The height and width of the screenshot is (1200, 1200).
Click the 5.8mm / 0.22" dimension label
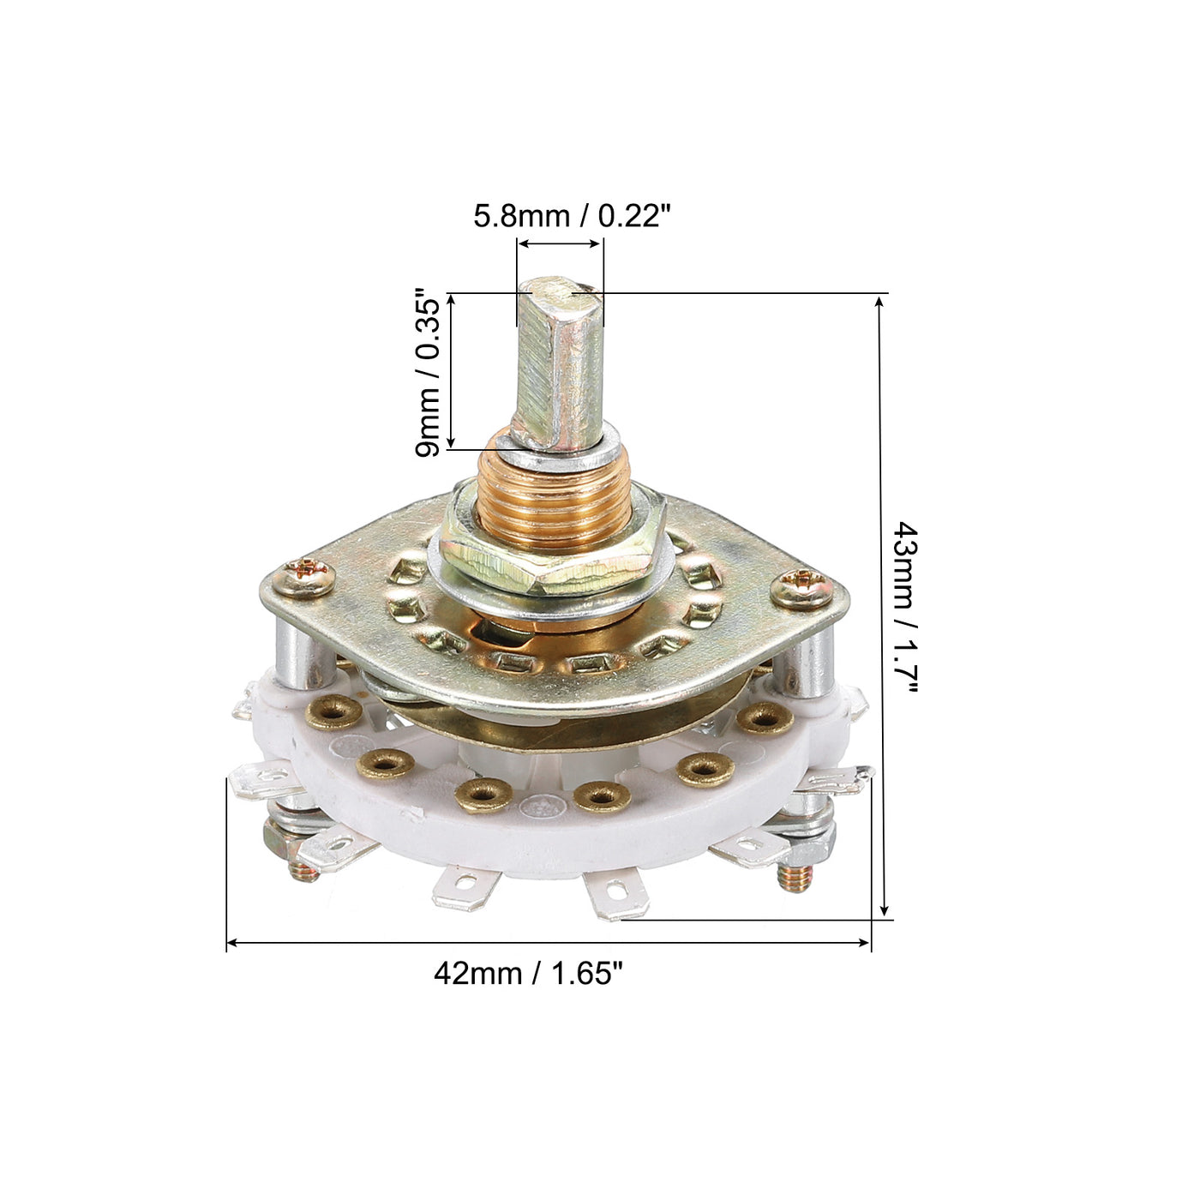pyautogui.click(x=573, y=216)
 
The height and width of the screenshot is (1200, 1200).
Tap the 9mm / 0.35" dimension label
pyautogui.click(x=429, y=372)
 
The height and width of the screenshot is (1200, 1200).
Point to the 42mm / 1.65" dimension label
pyautogui.click(x=529, y=973)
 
